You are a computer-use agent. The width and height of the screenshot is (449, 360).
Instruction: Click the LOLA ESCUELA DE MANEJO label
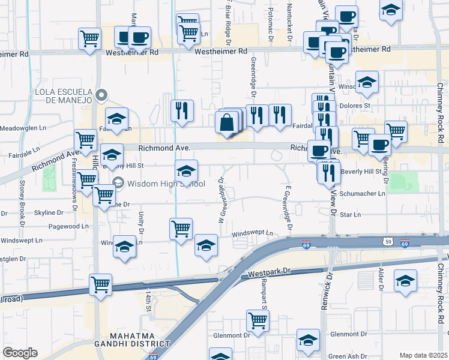pos(62,95)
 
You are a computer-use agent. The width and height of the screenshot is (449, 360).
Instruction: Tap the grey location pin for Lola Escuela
pos(101,95)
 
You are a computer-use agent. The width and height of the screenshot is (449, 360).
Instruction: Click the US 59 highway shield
pos(388,241)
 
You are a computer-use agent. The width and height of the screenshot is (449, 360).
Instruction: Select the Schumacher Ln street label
pos(363,194)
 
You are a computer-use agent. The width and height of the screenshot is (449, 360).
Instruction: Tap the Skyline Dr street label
pos(48,212)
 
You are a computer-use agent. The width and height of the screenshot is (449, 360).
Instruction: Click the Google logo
pos(20,353)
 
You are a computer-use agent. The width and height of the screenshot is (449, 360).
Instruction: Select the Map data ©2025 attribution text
pos(423,355)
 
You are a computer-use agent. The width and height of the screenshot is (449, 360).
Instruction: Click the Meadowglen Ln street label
pos(23,128)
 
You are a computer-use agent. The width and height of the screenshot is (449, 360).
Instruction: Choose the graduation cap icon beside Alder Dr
pos(405,281)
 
